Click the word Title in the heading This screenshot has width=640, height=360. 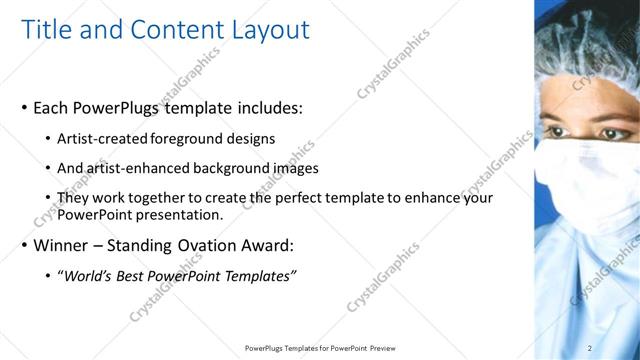pos(47,30)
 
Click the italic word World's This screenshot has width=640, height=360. pos(87,276)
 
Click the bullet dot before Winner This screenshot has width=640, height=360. pos(24,246)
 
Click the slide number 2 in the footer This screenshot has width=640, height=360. pos(590,348)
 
